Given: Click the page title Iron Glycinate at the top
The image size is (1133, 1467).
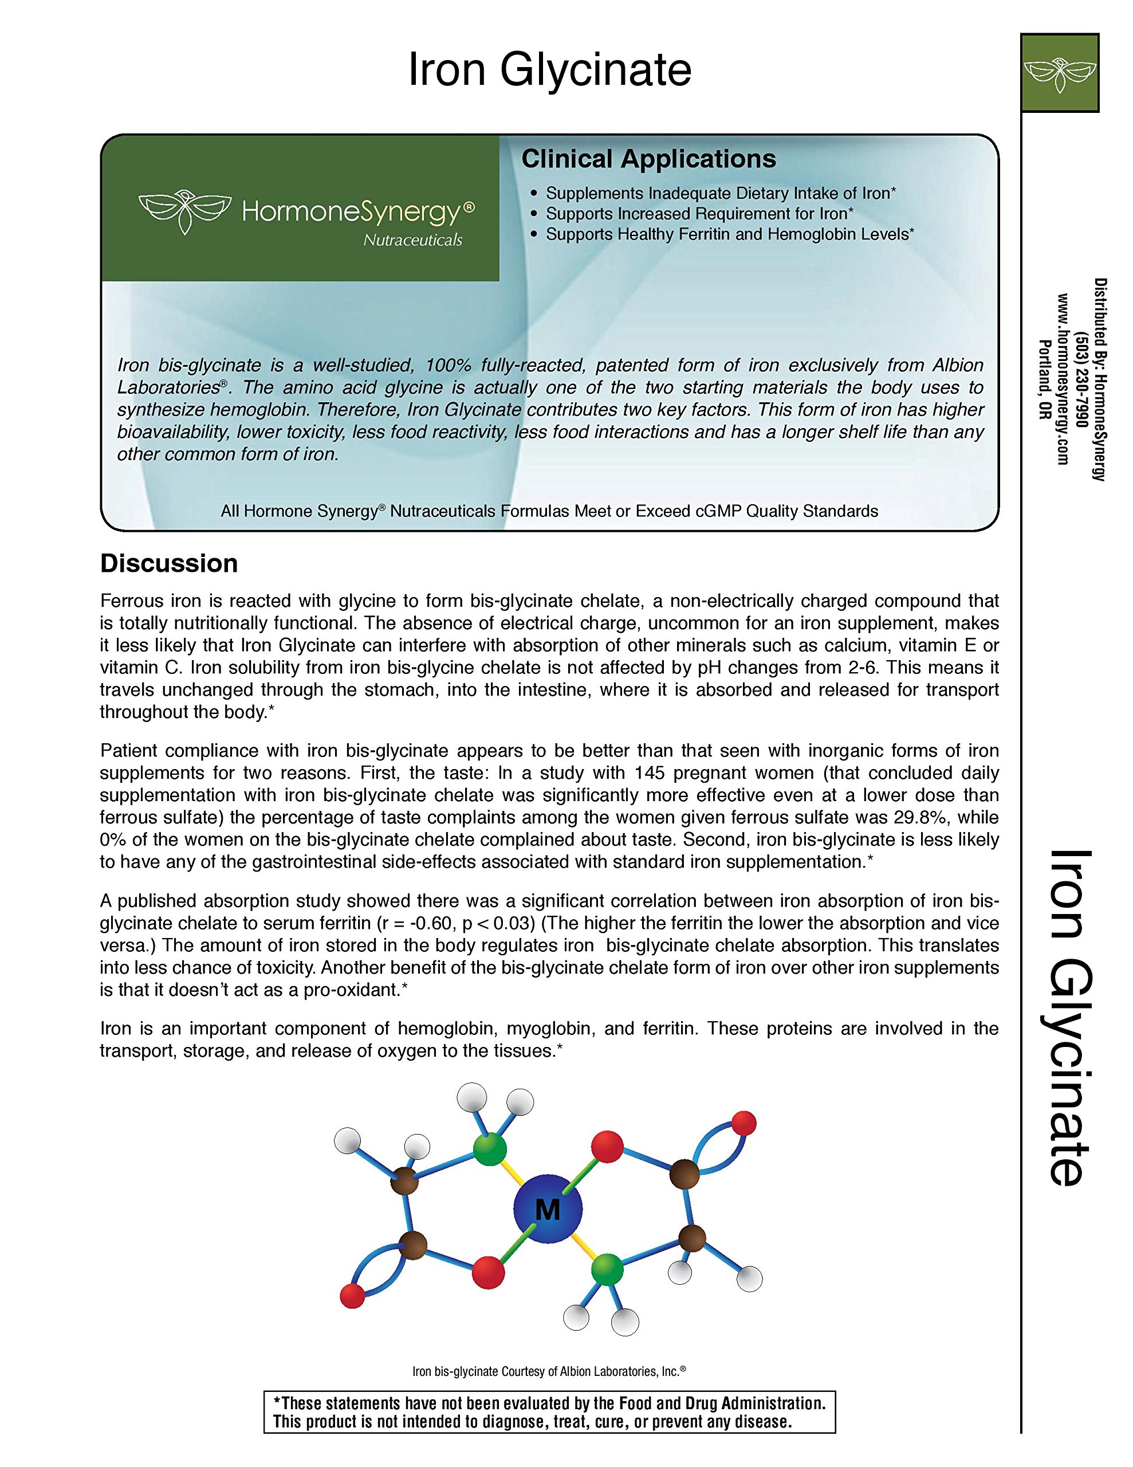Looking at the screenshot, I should [x=549, y=70].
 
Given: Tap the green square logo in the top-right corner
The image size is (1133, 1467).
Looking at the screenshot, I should [x=1059, y=73].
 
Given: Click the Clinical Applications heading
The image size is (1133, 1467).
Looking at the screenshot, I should [x=648, y=159].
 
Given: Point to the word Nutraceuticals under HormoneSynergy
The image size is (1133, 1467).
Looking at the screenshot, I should [x=412, y=241].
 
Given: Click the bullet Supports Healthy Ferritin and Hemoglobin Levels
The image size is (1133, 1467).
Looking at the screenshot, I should [x=729, y=234].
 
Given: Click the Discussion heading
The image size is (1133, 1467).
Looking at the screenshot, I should [x=168, y=563].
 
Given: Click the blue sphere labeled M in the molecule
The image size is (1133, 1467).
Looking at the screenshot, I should [x=548, y=1209].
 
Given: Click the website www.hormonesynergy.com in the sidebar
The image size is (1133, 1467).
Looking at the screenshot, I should [x=1063, y=379].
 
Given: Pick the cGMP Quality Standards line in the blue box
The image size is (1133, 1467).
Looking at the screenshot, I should [x=549, y=511].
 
